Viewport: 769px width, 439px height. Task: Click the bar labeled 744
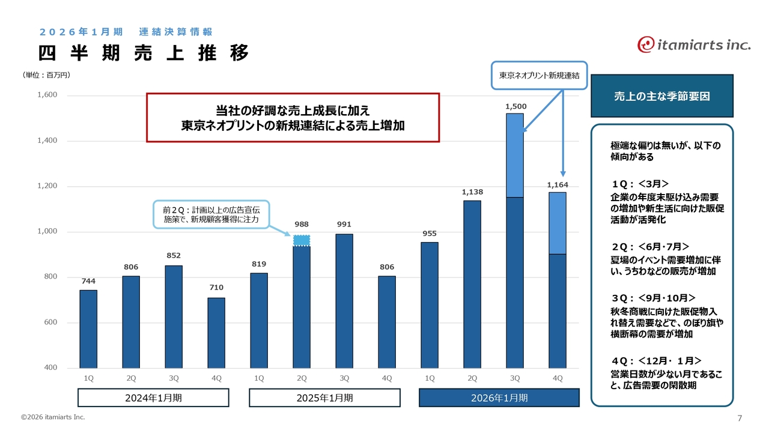pyautogui.click(x=88, y=329)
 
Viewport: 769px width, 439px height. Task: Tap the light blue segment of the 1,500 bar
pyautogui.click(x=515, y=155)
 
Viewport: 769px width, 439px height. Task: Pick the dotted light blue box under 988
pyautogui.click(x=302, y=241)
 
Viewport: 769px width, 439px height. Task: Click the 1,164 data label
pyautogui.click(x=558, y=185)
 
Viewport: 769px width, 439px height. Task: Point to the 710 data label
pyautogui.click(x=216, y=288)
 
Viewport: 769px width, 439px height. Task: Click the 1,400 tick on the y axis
pyautogui.click(x=47, y=141)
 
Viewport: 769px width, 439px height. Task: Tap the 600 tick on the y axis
pyautogui.click(x=49, y=322)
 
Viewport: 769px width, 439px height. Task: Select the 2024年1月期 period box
pyautogui.click(x=153, y=398)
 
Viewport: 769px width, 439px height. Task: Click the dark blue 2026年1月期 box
pyautogui.click(x=499, y=398)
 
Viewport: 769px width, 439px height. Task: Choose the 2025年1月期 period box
pyautogui.click(x=324, y=398)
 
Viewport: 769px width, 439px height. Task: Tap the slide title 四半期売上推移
pyautogui.click(x=144, y=53)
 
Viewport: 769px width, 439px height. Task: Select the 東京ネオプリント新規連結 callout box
pyautogui.click(x=539, y=76)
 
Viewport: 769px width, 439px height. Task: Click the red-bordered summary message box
pyautogui.click(x=293, y=117)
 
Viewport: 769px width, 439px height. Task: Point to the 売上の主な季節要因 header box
pyautogui.click(x=662, y=95)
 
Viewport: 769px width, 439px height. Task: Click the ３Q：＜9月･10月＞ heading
pyautogui.click(x=654, y=298)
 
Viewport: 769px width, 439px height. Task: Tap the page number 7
pyautogui.click(x=740, y=418)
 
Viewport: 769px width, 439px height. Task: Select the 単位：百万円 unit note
pyautogui.click(x=47, y=75)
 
